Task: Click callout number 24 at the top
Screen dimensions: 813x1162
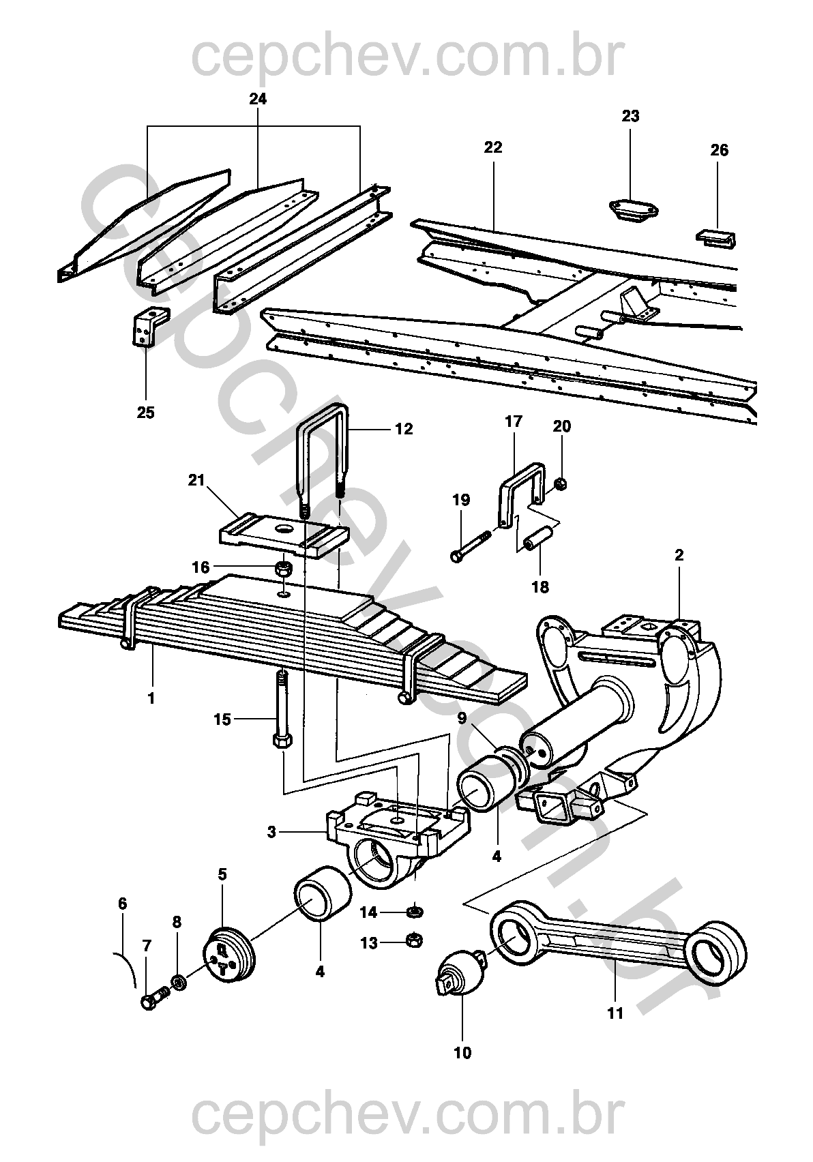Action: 258,99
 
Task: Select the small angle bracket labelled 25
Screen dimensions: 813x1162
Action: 149,327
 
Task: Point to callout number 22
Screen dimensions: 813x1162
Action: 493,147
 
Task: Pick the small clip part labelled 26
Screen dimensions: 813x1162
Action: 717,239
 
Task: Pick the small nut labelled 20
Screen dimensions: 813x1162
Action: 560,485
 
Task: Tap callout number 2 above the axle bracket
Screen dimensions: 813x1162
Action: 679,555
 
